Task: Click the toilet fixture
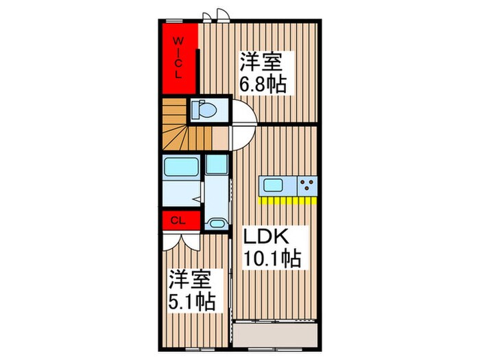pos(204,109)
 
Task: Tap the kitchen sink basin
pos(273,185)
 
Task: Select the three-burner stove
pos(307,185)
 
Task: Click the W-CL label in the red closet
pos(178,58)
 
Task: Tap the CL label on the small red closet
pos(177,220)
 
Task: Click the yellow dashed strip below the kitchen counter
pos(287,202)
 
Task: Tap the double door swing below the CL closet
pos(182,240)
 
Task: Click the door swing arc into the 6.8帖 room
pos(245,113)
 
